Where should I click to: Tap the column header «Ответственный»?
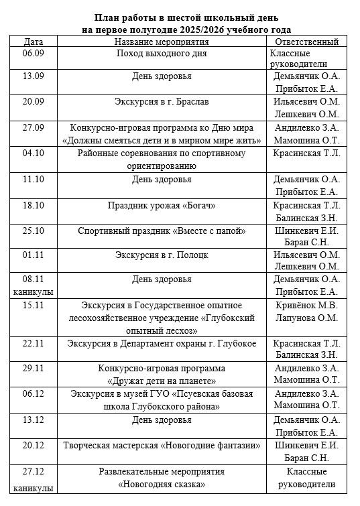point(306,42)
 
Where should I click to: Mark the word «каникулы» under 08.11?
point(33,292)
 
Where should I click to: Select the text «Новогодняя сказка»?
point(162,483)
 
